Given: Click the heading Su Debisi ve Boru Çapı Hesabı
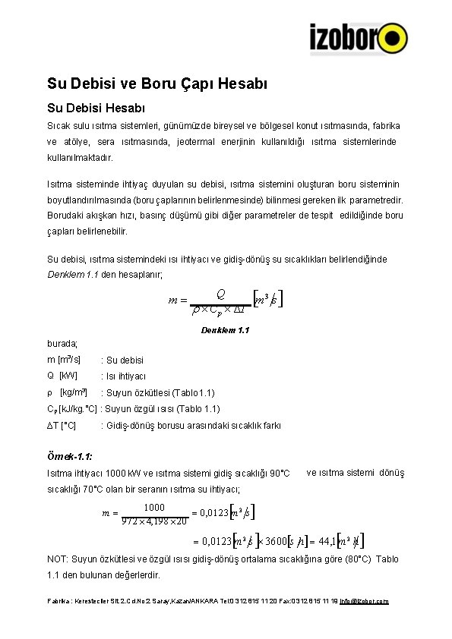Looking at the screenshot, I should [157, 83].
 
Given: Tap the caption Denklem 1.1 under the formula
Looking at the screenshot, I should [225, 330].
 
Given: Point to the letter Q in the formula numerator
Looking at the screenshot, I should [220, 294].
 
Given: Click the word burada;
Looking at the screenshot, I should [62, 344].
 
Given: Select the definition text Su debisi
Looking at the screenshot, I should [125, 360].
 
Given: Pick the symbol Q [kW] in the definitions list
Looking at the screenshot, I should [62, 376].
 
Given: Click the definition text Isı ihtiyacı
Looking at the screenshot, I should [125, 376].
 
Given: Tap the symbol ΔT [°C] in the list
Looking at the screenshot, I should [62, 426].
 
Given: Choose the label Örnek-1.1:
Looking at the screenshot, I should [70, 457].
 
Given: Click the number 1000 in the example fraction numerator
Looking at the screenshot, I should [154, 507].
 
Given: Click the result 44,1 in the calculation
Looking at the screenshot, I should [328, 541].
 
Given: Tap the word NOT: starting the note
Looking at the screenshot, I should [58, 559].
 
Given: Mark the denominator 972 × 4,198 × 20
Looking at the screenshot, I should [154, 521].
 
